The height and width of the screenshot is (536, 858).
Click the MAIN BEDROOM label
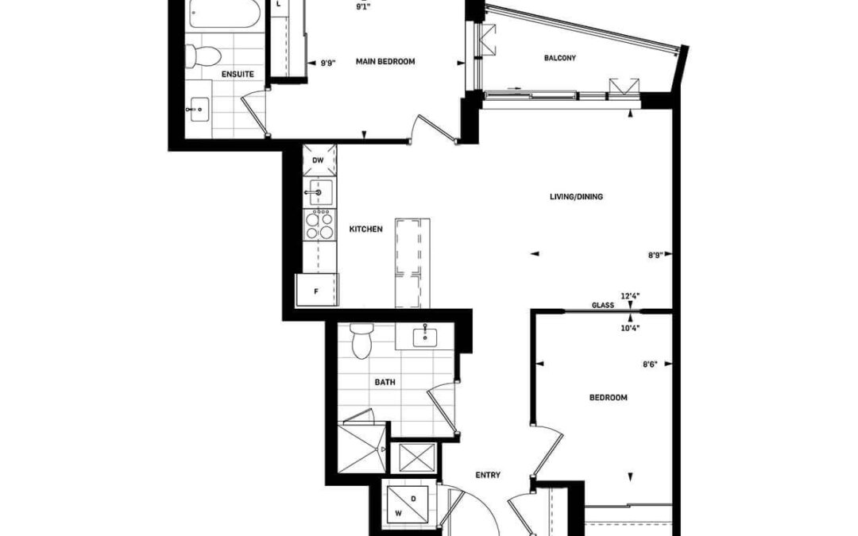385,62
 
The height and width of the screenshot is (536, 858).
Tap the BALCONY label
560,58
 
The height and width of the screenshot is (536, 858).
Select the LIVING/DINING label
576,197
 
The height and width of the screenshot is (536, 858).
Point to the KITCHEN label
366,229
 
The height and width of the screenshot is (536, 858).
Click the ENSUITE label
238,74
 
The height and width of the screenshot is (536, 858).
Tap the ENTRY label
488,476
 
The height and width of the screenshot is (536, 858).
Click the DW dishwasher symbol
319,160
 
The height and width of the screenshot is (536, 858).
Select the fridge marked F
317,290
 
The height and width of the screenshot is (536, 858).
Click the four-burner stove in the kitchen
319,224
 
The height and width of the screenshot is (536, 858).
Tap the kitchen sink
319,192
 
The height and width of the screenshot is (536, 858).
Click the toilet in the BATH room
361,341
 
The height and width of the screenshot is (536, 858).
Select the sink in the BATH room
425,336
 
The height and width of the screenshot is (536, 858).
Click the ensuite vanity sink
198,110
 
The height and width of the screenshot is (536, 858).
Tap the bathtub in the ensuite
224,13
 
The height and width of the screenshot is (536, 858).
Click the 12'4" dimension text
630,296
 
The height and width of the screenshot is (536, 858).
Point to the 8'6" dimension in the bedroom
650,364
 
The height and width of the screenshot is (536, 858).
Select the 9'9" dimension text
328,63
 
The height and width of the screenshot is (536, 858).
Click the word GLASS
602,305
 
